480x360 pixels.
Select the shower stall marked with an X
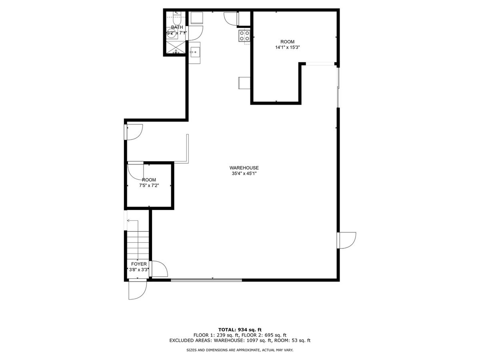(x=176, y=48)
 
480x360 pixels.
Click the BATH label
(x=177, y=27)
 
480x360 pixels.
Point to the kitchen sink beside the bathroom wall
(x=195, y=52)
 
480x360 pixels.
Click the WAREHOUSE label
(x=244, y=168)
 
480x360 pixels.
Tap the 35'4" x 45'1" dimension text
(x=244, y=174)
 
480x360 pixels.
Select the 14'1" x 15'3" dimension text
(x=287, y=47)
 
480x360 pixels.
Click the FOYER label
(x=139, y=264)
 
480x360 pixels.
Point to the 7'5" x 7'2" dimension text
(x=149, y=186)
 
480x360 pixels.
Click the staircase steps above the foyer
(x=138, y=246)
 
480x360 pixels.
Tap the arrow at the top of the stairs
(x=132, y=221)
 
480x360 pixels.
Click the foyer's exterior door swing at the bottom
(x=138, y=290)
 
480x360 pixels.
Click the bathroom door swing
(x=195, y=33)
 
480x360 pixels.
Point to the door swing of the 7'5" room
(x=136, y=172)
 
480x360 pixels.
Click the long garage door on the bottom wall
(x=206, y=280)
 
